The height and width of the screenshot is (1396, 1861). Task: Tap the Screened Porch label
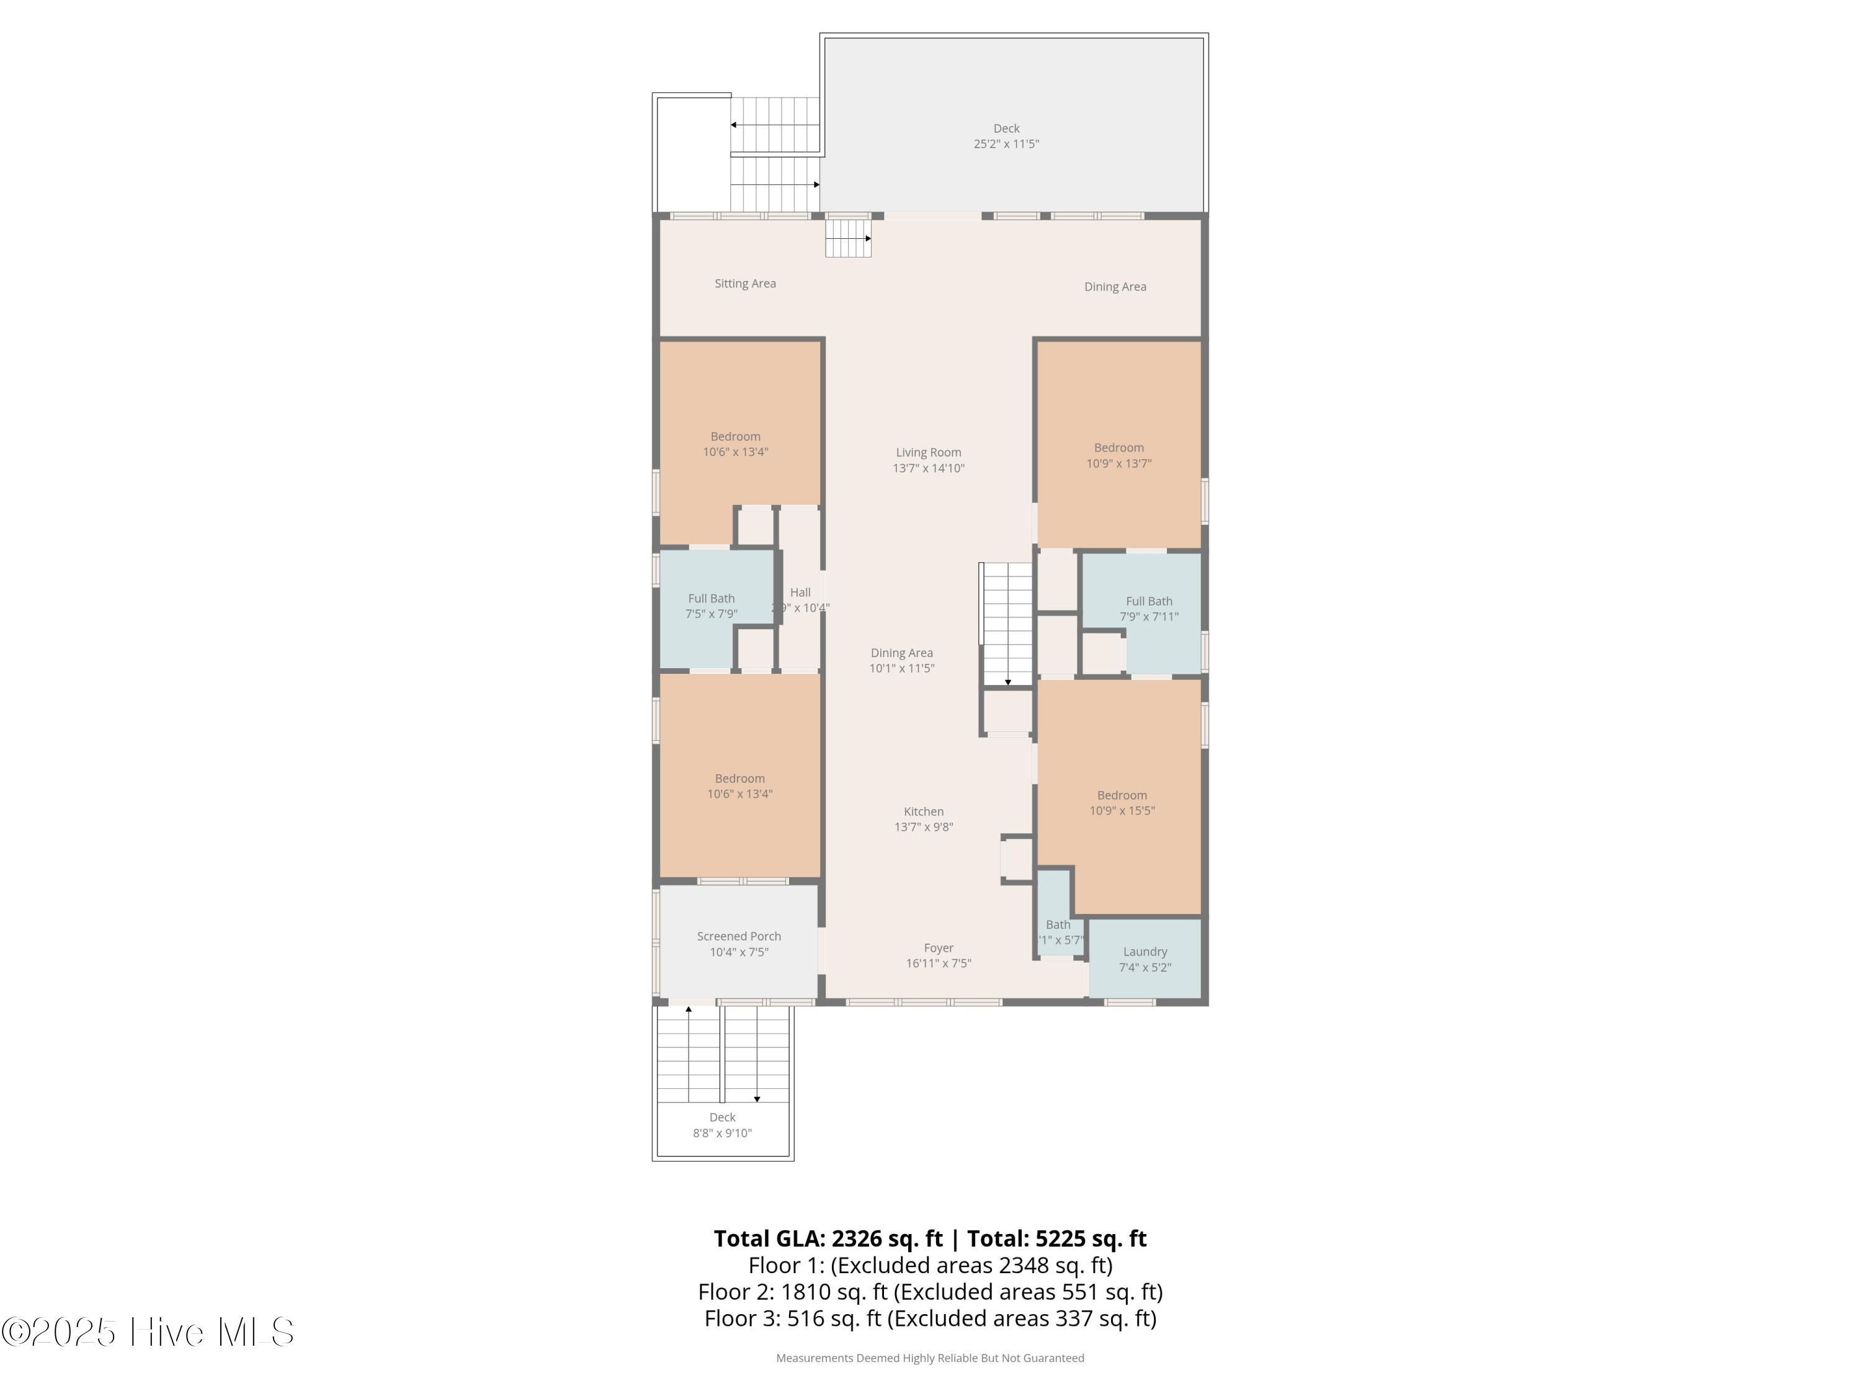(x=739, y=936)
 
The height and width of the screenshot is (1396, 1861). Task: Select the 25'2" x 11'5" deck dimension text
(x=1006, y=144)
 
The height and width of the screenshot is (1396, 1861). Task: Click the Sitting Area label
(x=744, y=284)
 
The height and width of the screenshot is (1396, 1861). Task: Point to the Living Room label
(x=928, y=453)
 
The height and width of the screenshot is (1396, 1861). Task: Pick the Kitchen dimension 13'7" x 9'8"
(x=923, y=827)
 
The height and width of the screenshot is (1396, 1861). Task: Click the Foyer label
(x=938, y=948)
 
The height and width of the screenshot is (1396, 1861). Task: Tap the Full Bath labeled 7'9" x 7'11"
(x=1148, y=609)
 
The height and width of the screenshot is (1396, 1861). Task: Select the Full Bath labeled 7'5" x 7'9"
(x=711, y=606)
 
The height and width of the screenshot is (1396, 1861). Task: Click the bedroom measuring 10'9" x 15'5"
(x=1122, y=803)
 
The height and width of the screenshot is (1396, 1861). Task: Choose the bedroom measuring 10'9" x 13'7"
(x=1118, y=455)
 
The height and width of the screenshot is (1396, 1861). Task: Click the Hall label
(x=800, y=593)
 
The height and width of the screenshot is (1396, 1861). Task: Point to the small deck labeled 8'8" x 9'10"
(x=722, y=1125)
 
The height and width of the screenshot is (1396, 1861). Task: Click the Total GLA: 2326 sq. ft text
(x=828, y=1238)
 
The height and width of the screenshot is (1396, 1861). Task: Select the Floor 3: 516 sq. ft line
(x=930, y=1318)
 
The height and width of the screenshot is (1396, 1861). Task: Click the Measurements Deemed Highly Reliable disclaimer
(x=930, y=1358)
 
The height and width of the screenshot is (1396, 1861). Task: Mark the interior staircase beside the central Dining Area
(x=1007, y=623)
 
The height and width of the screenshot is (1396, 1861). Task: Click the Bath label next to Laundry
(x=1058, y=925)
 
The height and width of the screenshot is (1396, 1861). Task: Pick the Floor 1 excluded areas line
(x=930, y=1266)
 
